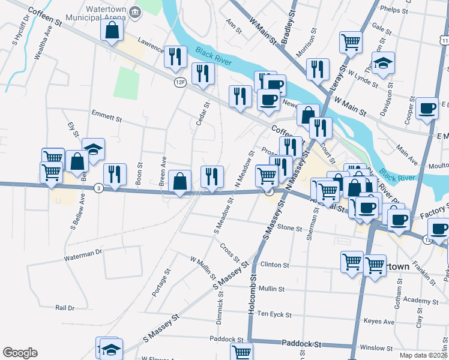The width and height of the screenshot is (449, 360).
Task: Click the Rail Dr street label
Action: pos(64,307)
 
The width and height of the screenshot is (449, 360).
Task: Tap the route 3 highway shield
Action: pos(99,188)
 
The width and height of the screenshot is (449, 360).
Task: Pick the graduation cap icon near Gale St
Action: pos(382,64)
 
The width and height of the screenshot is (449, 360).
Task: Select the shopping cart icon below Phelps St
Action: pos(351,42)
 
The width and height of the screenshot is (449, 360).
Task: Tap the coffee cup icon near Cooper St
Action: pos(427,108)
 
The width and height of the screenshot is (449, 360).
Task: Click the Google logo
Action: pos(20,353)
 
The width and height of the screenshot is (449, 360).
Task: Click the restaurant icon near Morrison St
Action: pos(318,68)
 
